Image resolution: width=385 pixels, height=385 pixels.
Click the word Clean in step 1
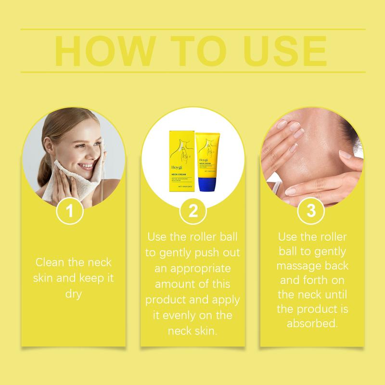point(49,263)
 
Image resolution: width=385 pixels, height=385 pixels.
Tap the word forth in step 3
point(314,281)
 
